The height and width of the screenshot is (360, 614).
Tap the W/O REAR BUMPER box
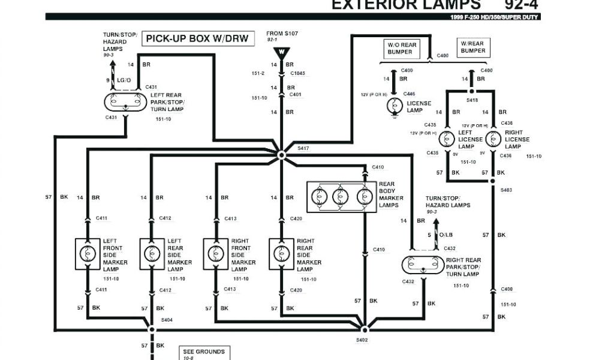click(x=401, y=48)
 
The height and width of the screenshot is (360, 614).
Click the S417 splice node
click(x=282, y=155)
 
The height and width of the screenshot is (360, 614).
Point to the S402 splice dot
click(x=363, y=329)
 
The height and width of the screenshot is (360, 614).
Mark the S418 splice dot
click(x=472, y=92)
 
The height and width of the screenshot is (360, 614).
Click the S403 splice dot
click(x=493, y=180)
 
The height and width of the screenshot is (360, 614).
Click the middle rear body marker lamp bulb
click(x=341, y=196)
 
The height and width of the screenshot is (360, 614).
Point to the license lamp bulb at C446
click(x=394, y=105)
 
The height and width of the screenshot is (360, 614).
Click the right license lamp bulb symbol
click(x=493, y=139)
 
